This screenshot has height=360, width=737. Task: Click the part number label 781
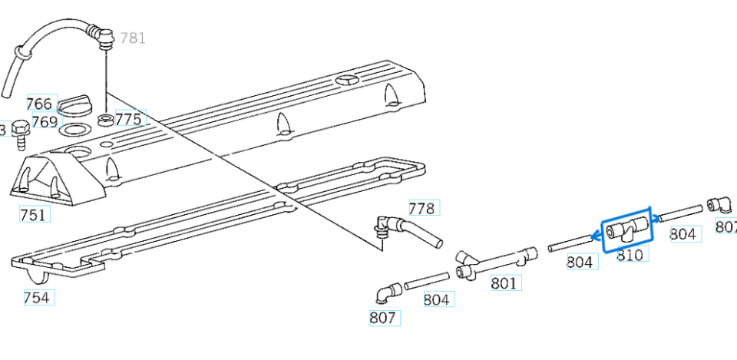click(x=133, y=38)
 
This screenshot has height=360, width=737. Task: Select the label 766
click(x=39, y=104)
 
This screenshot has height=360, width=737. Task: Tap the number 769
click(x=45, y=121)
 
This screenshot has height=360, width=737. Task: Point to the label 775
click(x=129, y=119)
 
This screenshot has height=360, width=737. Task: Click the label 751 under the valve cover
click(x=33, y=216)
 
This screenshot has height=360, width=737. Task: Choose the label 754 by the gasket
click(x=38, y=298)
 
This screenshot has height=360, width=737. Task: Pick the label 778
click(x=421, y=209)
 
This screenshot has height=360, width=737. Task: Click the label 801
click(x=504, y=283)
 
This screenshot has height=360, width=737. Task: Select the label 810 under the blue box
click(x=630, y=255)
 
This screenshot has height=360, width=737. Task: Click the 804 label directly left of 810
click(x=580, y=263)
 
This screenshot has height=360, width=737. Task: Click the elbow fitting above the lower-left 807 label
click(x=388, y=292)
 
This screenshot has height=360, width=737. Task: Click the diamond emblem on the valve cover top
click(x=348, y=80)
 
